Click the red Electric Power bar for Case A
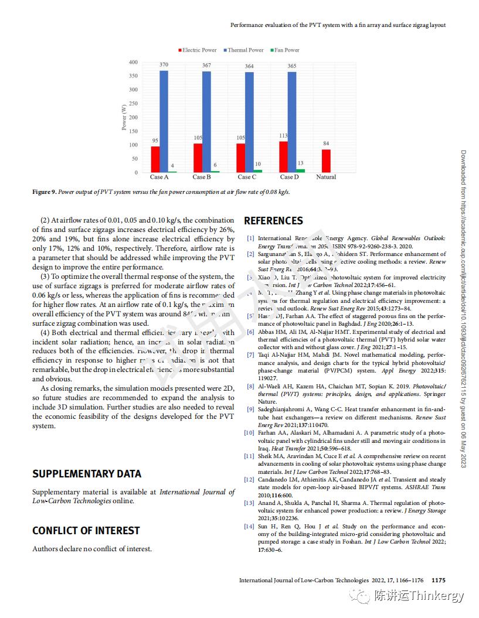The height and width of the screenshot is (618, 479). pyautogui.click(x=155, y=159)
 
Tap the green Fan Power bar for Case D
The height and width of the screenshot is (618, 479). pyautogui.click(x=300, y=171)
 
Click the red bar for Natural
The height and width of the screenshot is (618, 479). pyautogui.click(x=326, y=161)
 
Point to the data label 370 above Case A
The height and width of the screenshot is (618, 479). pyautogui.click(x=164, y=64)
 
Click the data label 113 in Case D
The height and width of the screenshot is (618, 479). pyautogui.click(x=284, y=136)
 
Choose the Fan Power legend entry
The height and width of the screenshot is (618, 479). pyautogui.click(x=287, y=50)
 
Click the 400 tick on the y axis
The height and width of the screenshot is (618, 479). pyautogui.click(x=133, y=62)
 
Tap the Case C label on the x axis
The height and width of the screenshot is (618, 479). pyautogui.click(x=247, y=177)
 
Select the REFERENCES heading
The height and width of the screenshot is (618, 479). pyautogui.click(x=273, y=221)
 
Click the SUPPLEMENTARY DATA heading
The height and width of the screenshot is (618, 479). pyautogui.click(x=87, y=474)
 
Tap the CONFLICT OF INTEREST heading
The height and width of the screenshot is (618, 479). pyautogui.click(x=86, y=531)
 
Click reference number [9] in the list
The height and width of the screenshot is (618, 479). pyautogui.click(x=250, y=409)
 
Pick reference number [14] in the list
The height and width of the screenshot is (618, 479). pyautogui.click(x=249, y=527)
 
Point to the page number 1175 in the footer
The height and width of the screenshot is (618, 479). pyautogui.click(x=438, y=581)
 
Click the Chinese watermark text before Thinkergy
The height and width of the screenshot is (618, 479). pyautogui.click(x=389, y=596)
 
